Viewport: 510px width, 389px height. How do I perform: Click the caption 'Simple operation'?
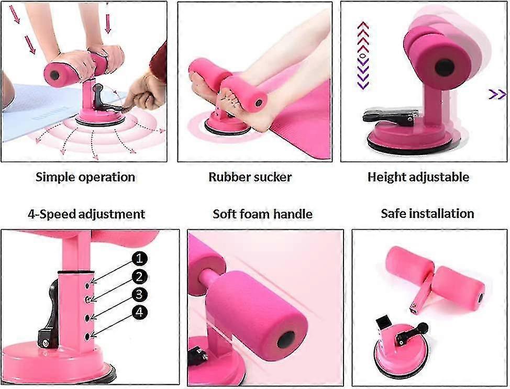click(x=85, y=177)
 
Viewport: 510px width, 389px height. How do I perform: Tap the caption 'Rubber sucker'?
click(x=250, y=177)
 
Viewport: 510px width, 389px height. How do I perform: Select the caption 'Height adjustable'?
click(x=418, y=177)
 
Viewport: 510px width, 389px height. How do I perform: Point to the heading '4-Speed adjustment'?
click(x=86, y=214)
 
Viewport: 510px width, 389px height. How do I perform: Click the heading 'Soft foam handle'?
click(x=262, y=214)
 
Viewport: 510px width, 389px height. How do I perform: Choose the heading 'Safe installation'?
click(x=427, y=214)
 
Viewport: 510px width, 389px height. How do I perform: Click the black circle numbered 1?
click(x=139, y=259)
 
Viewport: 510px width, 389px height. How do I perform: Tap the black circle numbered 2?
click(x=139, y=277)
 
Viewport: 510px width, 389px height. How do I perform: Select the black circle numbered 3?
click(x=139, y=294)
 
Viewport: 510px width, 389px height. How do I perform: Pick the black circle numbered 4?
click(x=139, y=312)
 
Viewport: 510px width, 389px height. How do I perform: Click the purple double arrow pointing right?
click(x=497, y=95)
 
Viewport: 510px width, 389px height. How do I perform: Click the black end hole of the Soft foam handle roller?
click(x=286, y=340)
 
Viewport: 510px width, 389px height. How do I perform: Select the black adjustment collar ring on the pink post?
click(x=76, y=272)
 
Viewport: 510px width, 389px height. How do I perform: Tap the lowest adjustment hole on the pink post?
click(x=87, y=336)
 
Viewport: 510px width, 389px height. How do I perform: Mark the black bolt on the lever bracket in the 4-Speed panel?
click(x=46, y=343)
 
